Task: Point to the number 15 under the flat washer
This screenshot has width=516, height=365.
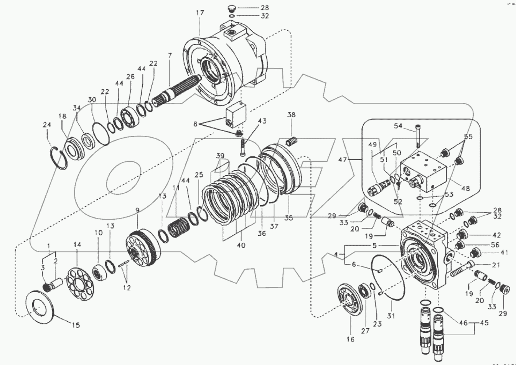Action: click(x=76, y=325)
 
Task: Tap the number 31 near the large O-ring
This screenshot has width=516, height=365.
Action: click(x=391, y=316)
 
